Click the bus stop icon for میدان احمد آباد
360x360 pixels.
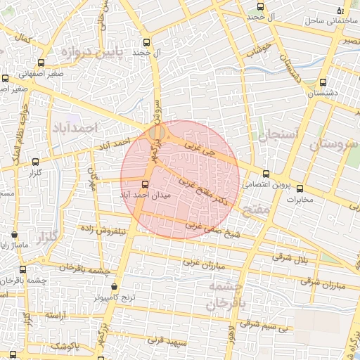(x=146, y=184)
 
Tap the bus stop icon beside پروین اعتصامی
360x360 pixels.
(x=265, y=174)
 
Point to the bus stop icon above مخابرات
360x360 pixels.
(x=300, y=188)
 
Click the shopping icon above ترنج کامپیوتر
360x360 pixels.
(x=115, y=286)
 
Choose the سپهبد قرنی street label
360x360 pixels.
(x=167, y=340)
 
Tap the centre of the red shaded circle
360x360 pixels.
(x=180, y=179)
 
